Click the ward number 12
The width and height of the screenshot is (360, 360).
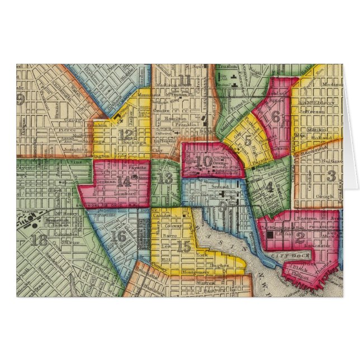pyautogui.click(x=126, y=134)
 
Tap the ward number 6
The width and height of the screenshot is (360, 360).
pyautogui.click(x=276, y=117)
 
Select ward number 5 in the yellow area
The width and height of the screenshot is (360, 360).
pyautogui.click(x=248, y=141)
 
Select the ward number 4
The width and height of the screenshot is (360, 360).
pyautogui.click(x=270, y=187)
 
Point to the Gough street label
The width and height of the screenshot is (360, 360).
pyautogui.click(x=310, y=197)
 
